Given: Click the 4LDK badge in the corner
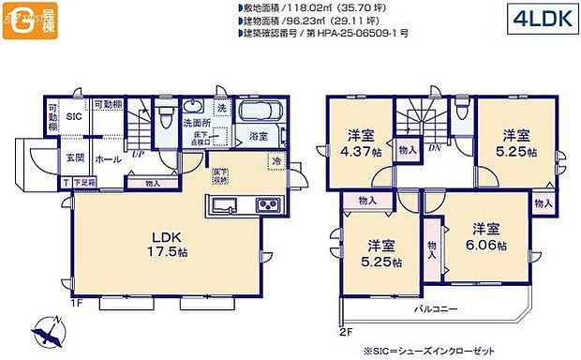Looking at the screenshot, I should [x=541, y=19].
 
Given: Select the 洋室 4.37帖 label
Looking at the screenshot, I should [x=360, y=140].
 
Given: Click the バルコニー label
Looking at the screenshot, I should [x=435, y=307].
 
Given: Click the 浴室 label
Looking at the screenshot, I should [x=257, y=137].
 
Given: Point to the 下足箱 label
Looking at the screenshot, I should [x=83, y=182].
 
